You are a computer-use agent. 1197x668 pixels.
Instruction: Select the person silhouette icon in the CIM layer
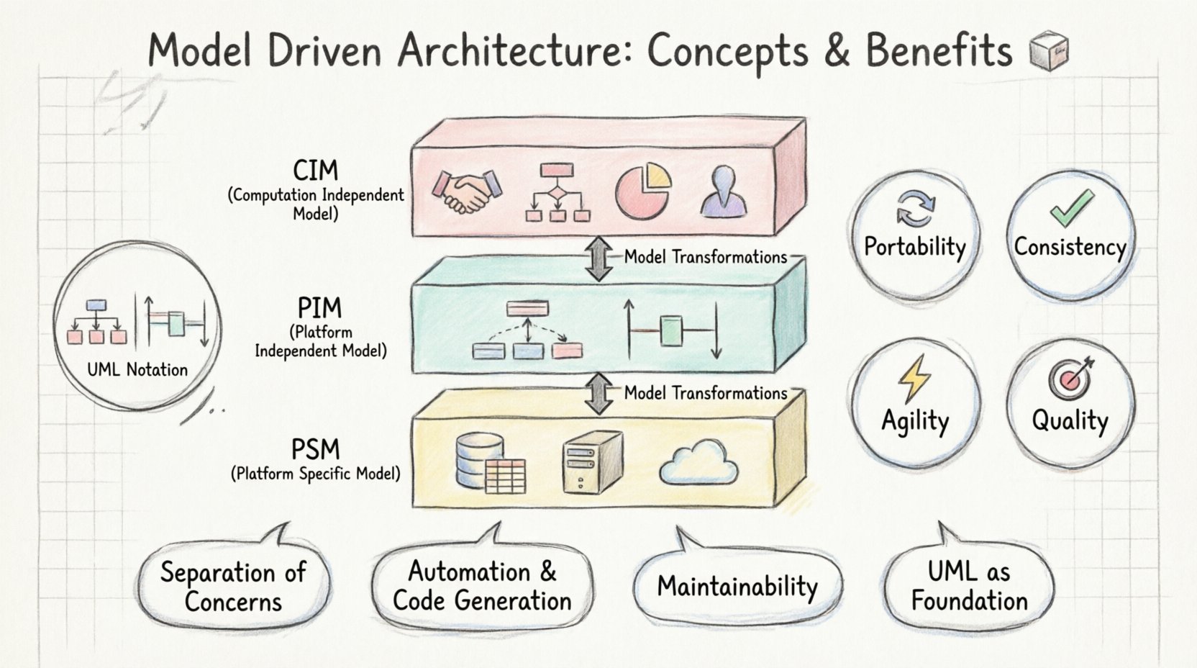[723, 191]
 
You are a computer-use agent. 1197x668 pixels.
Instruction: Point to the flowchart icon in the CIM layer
[557, 192]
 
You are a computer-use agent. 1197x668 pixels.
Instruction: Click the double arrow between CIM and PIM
[598, 258]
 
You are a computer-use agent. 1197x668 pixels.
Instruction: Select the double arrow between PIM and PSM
[598, 393]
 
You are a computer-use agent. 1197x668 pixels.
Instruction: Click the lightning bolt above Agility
[914, 379]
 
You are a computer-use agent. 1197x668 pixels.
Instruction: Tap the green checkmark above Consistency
[1071, 208]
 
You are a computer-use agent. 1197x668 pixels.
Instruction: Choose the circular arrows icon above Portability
[915, 208]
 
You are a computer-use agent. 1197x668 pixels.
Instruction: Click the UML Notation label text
[137, 370]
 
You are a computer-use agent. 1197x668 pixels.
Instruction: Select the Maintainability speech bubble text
[737, 586]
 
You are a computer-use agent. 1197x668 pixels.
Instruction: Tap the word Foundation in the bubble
[969, 601]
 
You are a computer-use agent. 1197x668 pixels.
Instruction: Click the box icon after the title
[1049, 52]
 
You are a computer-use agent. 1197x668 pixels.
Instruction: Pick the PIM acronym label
[319, 309]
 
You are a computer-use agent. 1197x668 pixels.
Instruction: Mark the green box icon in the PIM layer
[670, 332]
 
